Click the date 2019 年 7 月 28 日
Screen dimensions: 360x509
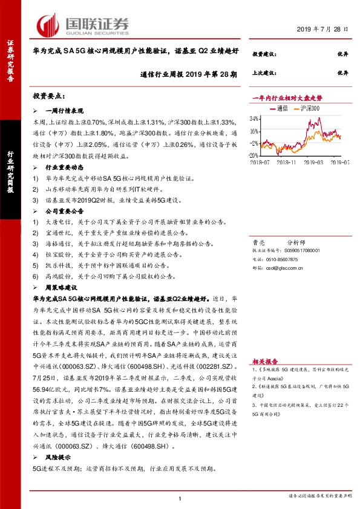[x=324, y=30]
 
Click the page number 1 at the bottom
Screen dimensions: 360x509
[x=180, y=498]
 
